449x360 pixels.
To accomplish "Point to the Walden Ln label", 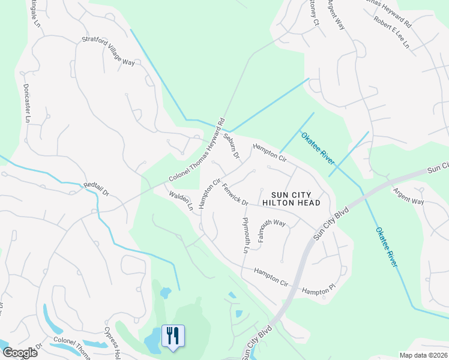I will [180, 201].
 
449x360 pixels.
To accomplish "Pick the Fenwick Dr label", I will [235, 194].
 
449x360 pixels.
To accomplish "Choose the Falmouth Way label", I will [272, 230].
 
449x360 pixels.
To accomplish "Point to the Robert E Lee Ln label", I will [391, 37].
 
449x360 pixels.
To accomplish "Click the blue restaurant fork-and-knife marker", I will [174, 336].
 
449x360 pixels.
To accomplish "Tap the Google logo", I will [20, 352].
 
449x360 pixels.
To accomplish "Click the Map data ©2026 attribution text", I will [423, 355].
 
